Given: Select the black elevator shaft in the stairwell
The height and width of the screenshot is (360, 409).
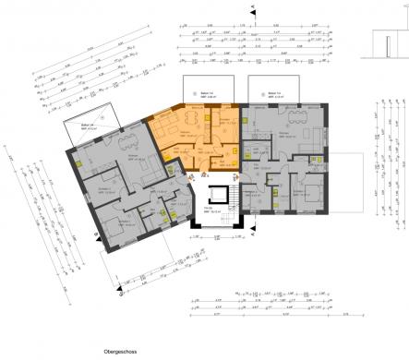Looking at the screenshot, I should pos(220,197).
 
